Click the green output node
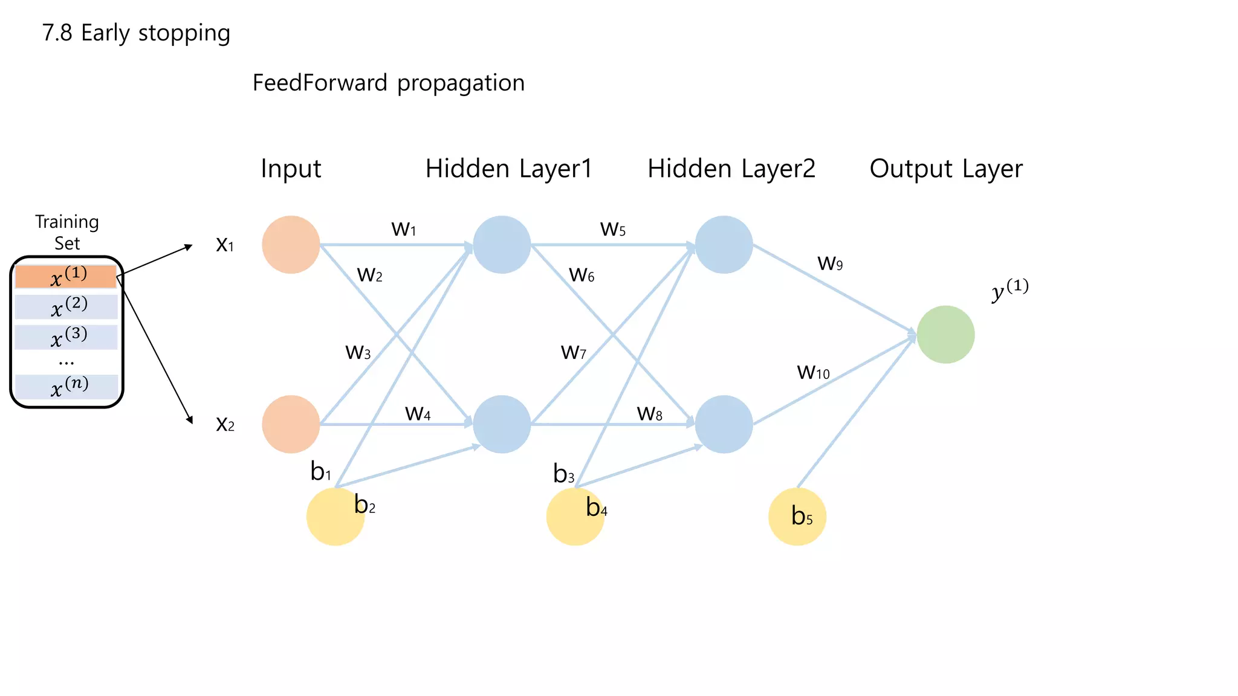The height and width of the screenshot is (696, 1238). [x=945, y=335]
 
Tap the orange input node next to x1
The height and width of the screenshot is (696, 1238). [x=291, y=245]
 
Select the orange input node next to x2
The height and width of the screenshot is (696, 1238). [x=291, y=424]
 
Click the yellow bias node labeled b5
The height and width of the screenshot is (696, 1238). [x=797, y=517]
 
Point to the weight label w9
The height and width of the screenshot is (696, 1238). [x=830, y=263]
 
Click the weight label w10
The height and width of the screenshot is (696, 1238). [x=813, y=372]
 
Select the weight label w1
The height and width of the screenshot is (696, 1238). [x=404, y=229]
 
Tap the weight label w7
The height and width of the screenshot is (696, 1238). [x=573, y=352]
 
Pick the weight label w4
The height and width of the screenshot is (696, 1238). [x=418, y=413]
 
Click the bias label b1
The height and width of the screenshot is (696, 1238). [x=320, y=471]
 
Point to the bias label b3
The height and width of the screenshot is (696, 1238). [x=563, y=474]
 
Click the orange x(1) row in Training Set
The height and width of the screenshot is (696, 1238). [x=66, y=277]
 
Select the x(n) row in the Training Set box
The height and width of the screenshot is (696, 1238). [x=66, y=387]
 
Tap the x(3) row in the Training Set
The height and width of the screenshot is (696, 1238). [x=66, y=337]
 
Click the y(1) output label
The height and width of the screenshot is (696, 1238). [x=1010, y=290]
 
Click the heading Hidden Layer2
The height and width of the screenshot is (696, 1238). [x=731, y=169]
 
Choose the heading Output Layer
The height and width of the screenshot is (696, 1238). [x=946, y=169]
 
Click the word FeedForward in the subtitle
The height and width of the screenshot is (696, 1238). [x=320, y=83]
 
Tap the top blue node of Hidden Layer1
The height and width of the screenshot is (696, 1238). [x=502, y=245]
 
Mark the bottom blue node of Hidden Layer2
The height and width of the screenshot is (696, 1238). [x=724, y=424]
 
